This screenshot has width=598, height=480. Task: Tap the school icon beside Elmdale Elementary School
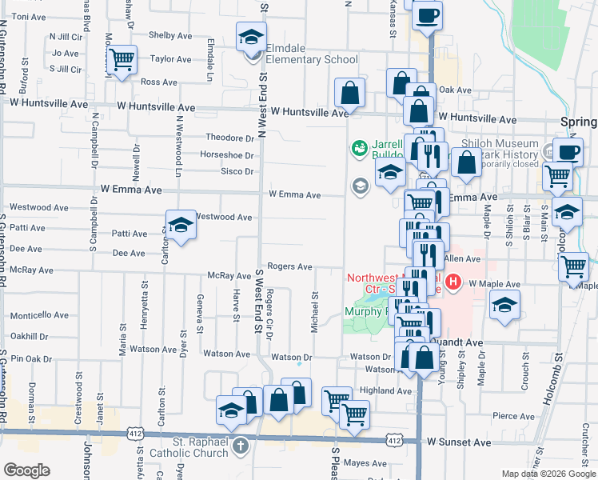pyautogui.click(x=251, y=37)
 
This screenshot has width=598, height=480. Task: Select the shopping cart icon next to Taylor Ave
pyautogui.click(x=122, y=59)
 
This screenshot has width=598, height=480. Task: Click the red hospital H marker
pyautogui.click(x=453, y=282)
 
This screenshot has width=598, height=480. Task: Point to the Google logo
pyautogui.click(x=26, y=470)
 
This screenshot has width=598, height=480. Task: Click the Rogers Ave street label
pyautogui.click(x=289, y=266)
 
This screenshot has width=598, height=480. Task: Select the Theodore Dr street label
pyautogui.click(x=229, y=138)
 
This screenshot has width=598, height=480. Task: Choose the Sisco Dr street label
pyautogui.click(x=237, y=171)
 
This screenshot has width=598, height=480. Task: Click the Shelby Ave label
pyautogui.click(x=171, y=35)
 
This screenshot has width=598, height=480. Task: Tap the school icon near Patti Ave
pyautogui.click(x=181, y=225)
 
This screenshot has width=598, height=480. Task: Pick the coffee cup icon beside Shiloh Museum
pyautogui.click(x=568, y=151)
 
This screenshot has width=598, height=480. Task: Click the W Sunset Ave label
pyautogui.click(x=457, y=441)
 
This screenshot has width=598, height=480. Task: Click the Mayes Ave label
pyautogui.click(x=365, y=463)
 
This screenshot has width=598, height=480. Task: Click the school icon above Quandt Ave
pyautogui.click(x=504, y=305)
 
